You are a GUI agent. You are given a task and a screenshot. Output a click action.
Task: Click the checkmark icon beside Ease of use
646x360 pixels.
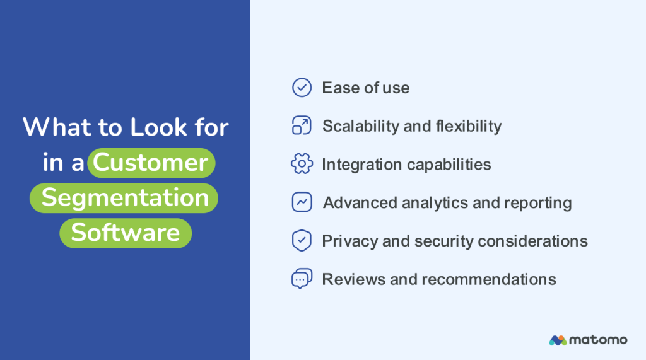click(x=302, y=88)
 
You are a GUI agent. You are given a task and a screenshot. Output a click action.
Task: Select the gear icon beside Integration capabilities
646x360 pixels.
click(x=302, y=165)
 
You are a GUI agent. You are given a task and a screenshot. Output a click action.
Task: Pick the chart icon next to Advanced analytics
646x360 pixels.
click(x=302, y=202)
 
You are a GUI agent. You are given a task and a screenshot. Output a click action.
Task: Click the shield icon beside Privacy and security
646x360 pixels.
click(x=302, y=241)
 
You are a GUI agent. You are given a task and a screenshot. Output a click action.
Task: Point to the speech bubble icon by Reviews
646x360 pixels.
click(x=302, y=279)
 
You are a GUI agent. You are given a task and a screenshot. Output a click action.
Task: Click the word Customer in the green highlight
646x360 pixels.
click(x=151, y=163)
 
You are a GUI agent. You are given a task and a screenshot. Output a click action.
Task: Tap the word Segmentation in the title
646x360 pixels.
click(x=125, y=198)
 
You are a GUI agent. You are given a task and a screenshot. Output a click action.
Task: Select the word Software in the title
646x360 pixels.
click(x=126, y=233)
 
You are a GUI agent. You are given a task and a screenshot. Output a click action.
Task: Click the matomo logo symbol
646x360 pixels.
click(x=557, y=340)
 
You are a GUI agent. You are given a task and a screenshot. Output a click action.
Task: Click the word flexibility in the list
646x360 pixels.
click(x=469, y=126)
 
